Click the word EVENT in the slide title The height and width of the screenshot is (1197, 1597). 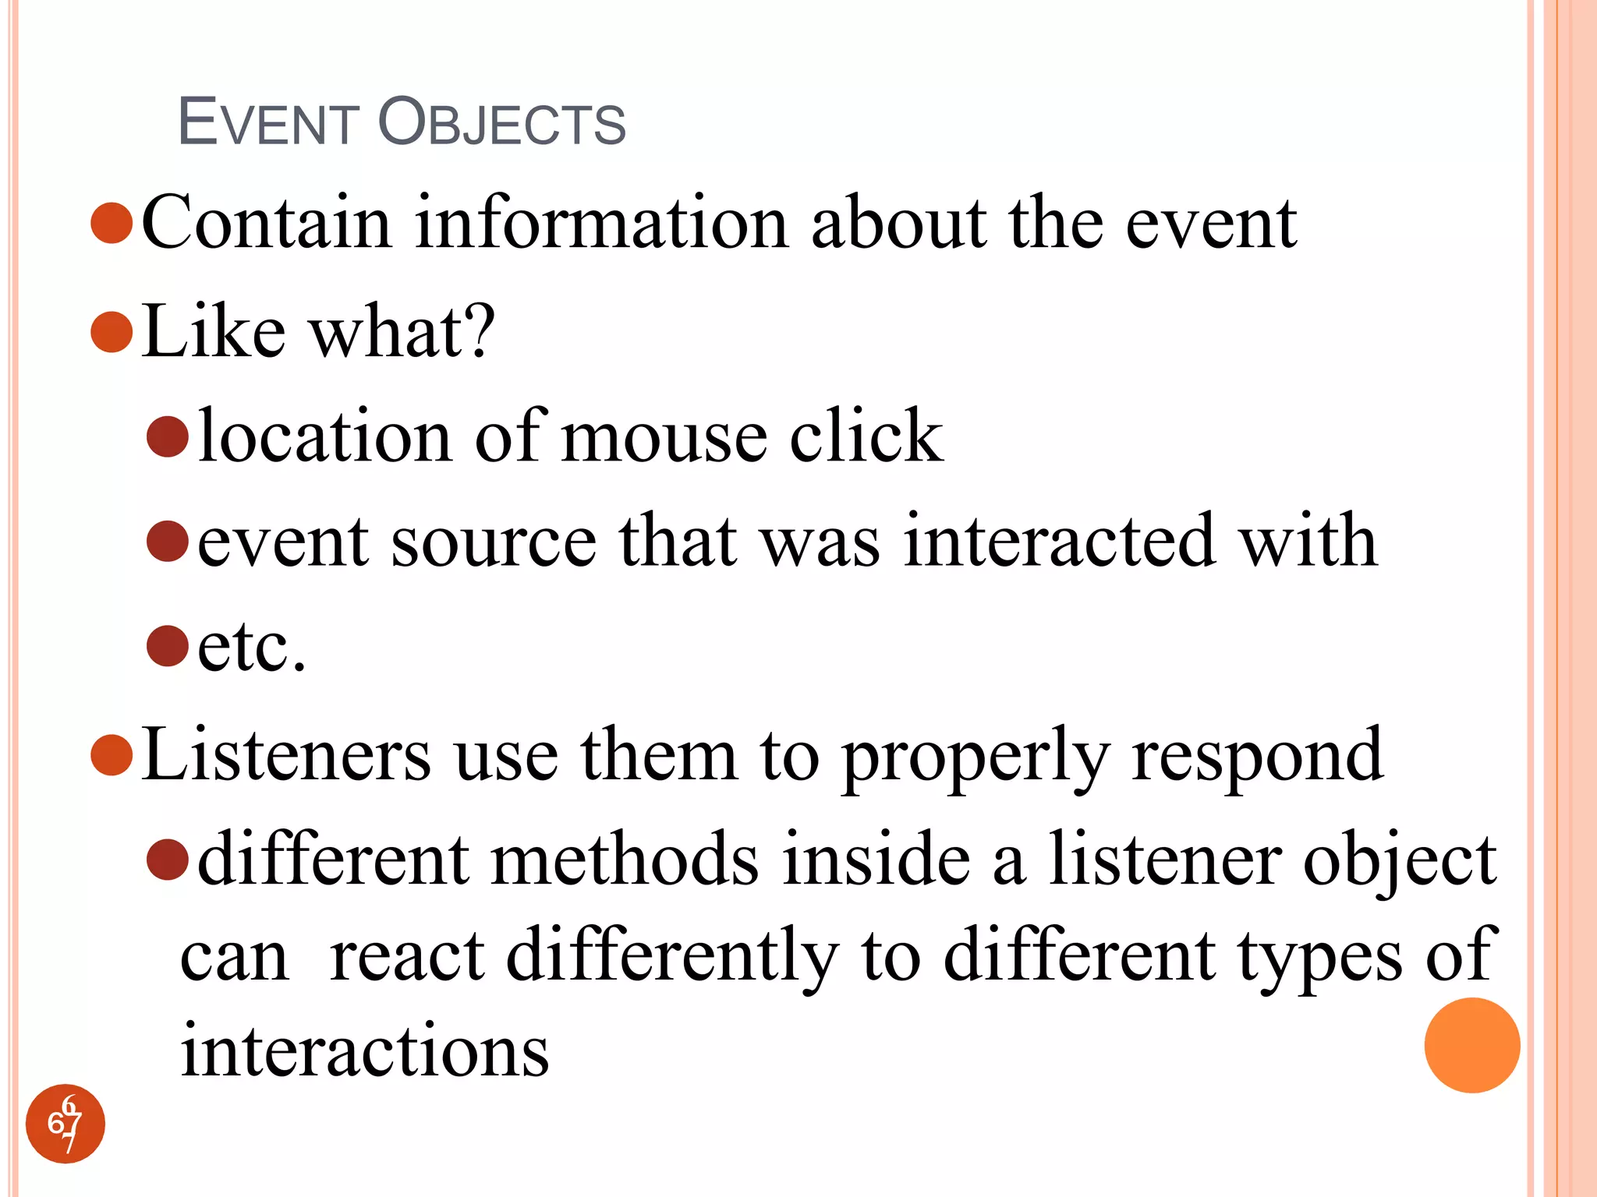[x=267, y=122]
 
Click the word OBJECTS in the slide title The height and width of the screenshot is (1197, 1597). [x=502, y=122]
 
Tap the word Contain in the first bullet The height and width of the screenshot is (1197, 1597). [x=266, y=224]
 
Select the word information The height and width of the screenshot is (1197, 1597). [x=601, y=224]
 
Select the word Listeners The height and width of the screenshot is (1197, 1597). [x=285, y=754]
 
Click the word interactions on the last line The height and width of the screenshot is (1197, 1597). [x=365, y=1050]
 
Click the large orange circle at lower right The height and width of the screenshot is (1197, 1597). [x=1471, y=1045]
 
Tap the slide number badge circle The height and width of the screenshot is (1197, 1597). [x=66, y=1124]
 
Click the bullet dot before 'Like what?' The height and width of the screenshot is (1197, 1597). [x=112, y=332]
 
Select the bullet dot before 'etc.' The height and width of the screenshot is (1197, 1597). [x=168, y=646]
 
